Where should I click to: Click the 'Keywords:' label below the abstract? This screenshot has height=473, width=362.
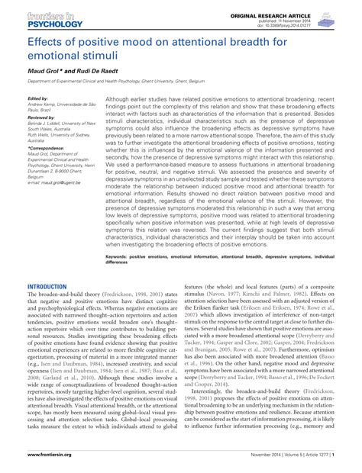[x=121, y=258]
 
